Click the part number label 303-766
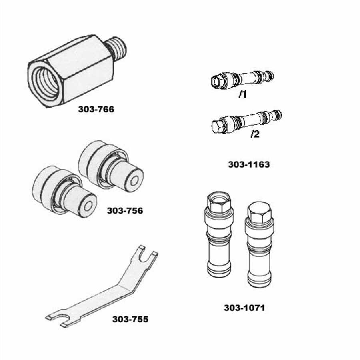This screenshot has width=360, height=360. tap(96, 109)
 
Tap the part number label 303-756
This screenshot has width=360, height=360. tap(125, 210)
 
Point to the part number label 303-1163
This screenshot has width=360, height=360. tap(249, 164)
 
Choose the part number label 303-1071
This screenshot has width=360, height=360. tap(244, 308)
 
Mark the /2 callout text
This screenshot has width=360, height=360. tap(255, 134)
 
